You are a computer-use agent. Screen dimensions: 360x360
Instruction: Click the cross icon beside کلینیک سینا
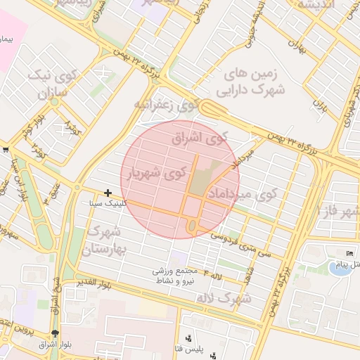click(108, 192)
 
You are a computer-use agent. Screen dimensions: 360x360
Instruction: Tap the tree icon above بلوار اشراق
click(56, 333)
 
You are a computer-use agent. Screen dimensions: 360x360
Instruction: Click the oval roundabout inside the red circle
click(192, 226)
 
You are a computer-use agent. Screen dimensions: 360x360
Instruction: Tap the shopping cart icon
click(6, 149)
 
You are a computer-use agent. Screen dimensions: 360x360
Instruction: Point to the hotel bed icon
click(350, 253)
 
